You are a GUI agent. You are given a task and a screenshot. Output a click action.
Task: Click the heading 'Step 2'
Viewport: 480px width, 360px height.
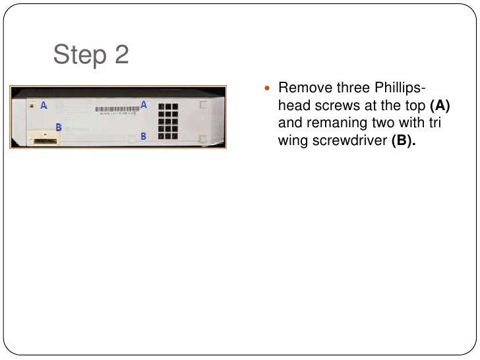tap(91, 55)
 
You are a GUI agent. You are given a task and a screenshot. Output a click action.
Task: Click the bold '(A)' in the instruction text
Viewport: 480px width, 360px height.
tap(438, 105)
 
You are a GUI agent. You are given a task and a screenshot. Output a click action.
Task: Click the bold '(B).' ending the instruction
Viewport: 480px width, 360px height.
tap(405, 140)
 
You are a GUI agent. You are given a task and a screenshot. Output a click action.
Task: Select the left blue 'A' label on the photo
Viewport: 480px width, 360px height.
tap(44, 105)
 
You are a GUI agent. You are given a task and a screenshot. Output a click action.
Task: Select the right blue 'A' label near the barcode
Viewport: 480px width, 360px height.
tap(144, 104)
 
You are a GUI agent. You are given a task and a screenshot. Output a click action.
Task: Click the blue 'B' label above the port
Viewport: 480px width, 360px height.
tap(59, 127)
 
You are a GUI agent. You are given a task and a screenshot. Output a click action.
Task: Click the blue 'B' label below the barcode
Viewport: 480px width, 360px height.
tap(143, 136)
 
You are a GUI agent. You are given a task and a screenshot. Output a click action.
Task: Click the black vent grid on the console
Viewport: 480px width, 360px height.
tap(167, 119)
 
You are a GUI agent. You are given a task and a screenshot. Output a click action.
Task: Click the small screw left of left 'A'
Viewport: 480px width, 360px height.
tap(32, 105)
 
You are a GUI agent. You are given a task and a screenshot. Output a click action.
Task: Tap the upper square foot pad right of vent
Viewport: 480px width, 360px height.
tap(203, 105)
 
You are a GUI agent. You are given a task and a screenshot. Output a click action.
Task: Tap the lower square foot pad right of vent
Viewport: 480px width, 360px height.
tap(203, 139)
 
